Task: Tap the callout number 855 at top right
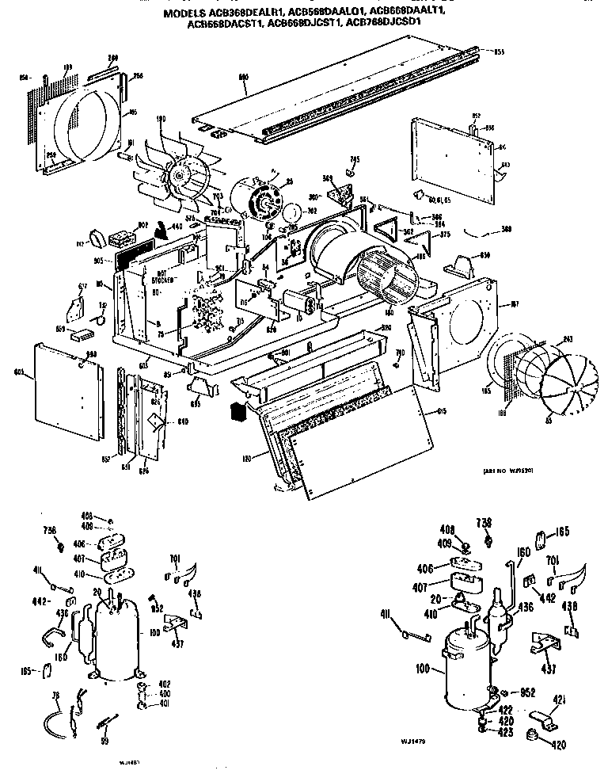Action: (500, 53)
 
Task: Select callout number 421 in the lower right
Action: (559, 699)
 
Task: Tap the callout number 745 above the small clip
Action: (355, 160)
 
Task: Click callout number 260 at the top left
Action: (113, 59)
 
